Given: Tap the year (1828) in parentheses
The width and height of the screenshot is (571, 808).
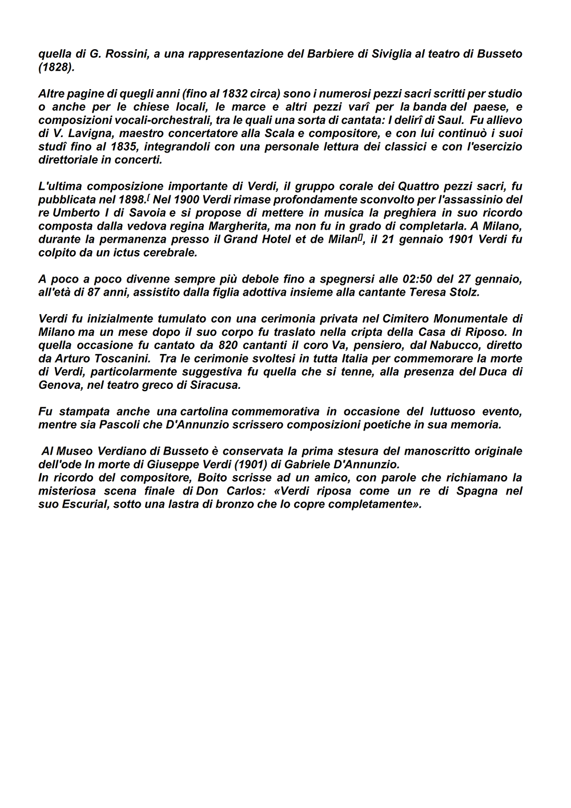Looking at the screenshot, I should (x=56, y=67).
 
